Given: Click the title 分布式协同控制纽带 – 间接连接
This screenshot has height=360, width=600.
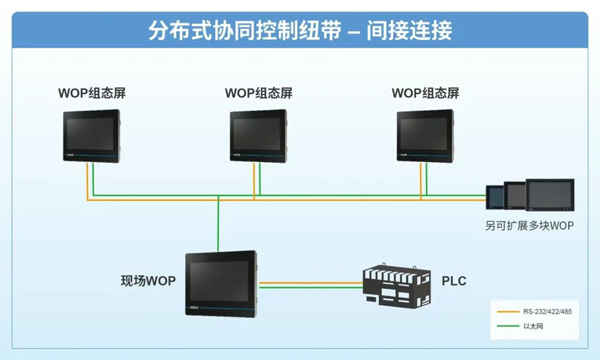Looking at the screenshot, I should pyautogui.click(x=300, y=30).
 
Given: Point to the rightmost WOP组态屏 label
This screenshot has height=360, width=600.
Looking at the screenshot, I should pyautogui.click(x=425, y=94).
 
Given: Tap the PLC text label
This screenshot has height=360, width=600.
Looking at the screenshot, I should pyautogui.click(x=454, y=281).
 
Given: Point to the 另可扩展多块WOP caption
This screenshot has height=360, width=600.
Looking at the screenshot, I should pyautogui.click(x=529, y=225).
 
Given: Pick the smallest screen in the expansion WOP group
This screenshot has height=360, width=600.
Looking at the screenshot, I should pyautogui.click(x=495, y=197).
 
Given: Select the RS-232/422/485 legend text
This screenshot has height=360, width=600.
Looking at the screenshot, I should pyautogui.click(x=547, y=311).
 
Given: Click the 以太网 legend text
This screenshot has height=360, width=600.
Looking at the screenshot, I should pyautogui.click(x=532, y=326).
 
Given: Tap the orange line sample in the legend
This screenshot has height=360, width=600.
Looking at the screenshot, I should pyautogui.click(x=505, y=311).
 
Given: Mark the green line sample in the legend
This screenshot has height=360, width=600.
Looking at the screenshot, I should pyautogui.click(x=505, y=326).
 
